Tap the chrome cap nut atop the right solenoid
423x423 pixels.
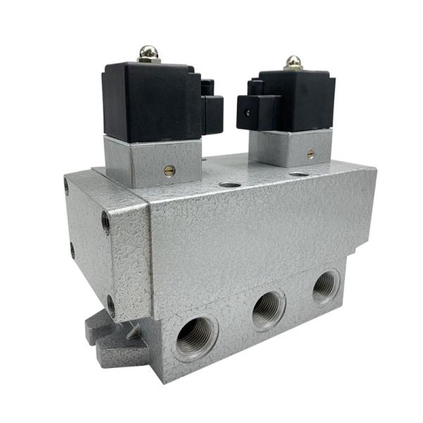point(293,61)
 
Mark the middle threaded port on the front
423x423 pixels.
point(268,307)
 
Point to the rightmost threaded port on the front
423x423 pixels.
point(325,286)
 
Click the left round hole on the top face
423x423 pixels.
point(228,185)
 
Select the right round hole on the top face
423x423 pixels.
point(298,173)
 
